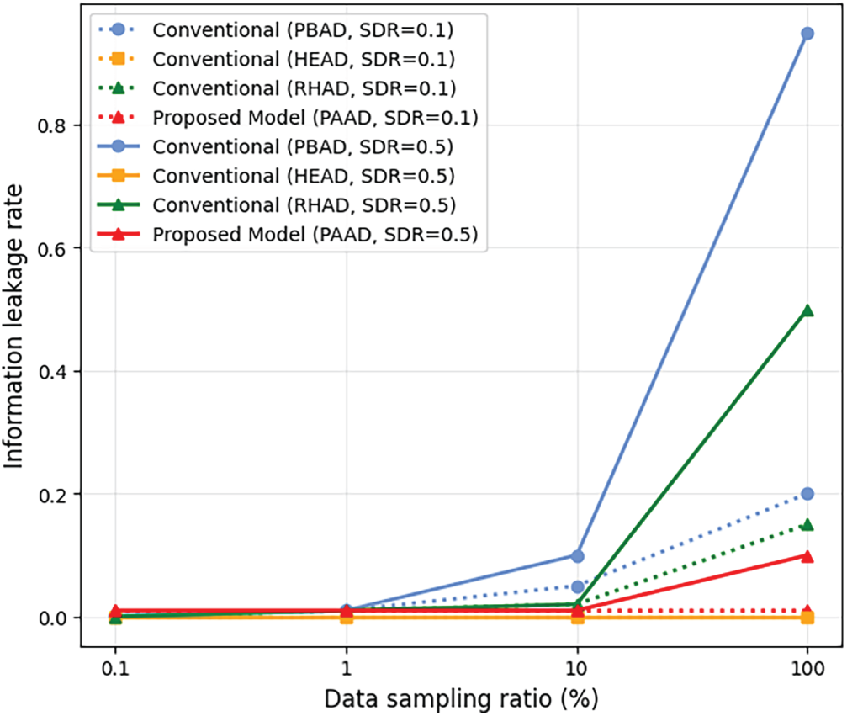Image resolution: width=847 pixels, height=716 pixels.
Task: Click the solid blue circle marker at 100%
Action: [807, 34]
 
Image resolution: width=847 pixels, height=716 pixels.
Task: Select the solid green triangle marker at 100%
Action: [807, 310]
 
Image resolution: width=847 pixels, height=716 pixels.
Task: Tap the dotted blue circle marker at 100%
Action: [807, 494]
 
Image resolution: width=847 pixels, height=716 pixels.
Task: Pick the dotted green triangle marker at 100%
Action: [807, 525]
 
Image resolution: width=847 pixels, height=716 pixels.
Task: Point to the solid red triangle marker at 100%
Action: [807, 556]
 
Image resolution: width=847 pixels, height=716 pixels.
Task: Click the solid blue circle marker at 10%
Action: [577, 556]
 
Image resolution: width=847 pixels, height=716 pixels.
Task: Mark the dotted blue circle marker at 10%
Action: [577, 586]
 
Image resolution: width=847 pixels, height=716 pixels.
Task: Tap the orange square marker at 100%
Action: [807, 618]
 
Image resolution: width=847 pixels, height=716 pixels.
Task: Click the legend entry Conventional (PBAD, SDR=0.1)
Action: [303, 29]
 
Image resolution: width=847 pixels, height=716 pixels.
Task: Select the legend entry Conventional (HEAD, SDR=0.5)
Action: [304, 177]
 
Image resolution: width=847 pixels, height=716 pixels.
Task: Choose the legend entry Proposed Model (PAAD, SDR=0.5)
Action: [315, 236]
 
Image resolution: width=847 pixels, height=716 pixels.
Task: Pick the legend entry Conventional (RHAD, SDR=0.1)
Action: [304, 88]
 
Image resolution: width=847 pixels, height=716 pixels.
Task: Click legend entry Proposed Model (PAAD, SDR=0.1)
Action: [315, 118]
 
